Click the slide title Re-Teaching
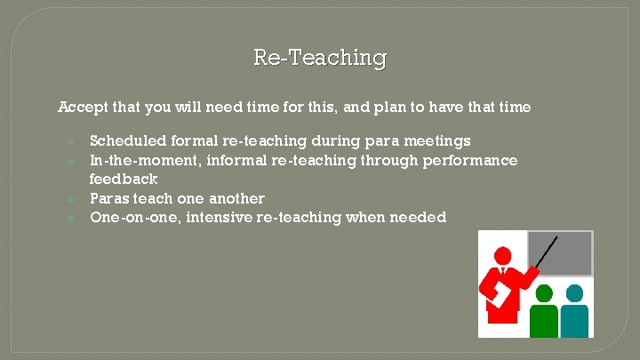pos(320,58)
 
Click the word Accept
pos(81,108)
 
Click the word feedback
pos(124,180)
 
